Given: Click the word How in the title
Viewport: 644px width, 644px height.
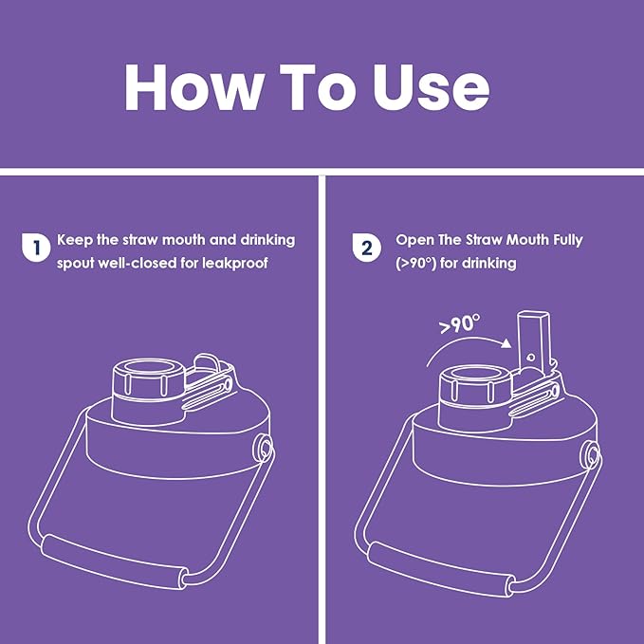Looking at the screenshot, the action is coord(193,87).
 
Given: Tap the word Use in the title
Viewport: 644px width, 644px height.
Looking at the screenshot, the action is coord(432,87).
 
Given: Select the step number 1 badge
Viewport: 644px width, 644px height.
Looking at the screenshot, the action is coord(36,248).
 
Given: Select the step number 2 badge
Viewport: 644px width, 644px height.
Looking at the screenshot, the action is coord(367,248).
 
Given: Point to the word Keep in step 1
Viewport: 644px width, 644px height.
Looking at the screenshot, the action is coord(74,240).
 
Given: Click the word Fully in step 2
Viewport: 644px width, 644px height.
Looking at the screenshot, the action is coord(567,240).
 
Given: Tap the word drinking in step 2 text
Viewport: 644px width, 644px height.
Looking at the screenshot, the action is coord(489,264).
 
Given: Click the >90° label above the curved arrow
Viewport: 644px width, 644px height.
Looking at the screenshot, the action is coord(459,324).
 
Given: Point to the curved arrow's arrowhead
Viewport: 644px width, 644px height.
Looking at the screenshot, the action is coord(506,343).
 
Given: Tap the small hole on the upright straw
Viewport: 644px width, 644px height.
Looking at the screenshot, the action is coord(530,358).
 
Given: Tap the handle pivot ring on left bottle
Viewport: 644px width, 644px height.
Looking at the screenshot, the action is coord(263,448).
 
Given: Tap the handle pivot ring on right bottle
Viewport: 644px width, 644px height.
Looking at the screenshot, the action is coord(592,454).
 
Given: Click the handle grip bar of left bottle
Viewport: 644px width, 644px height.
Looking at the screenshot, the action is coord(114,561).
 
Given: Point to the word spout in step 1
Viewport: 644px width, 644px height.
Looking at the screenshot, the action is coord(74,264).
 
